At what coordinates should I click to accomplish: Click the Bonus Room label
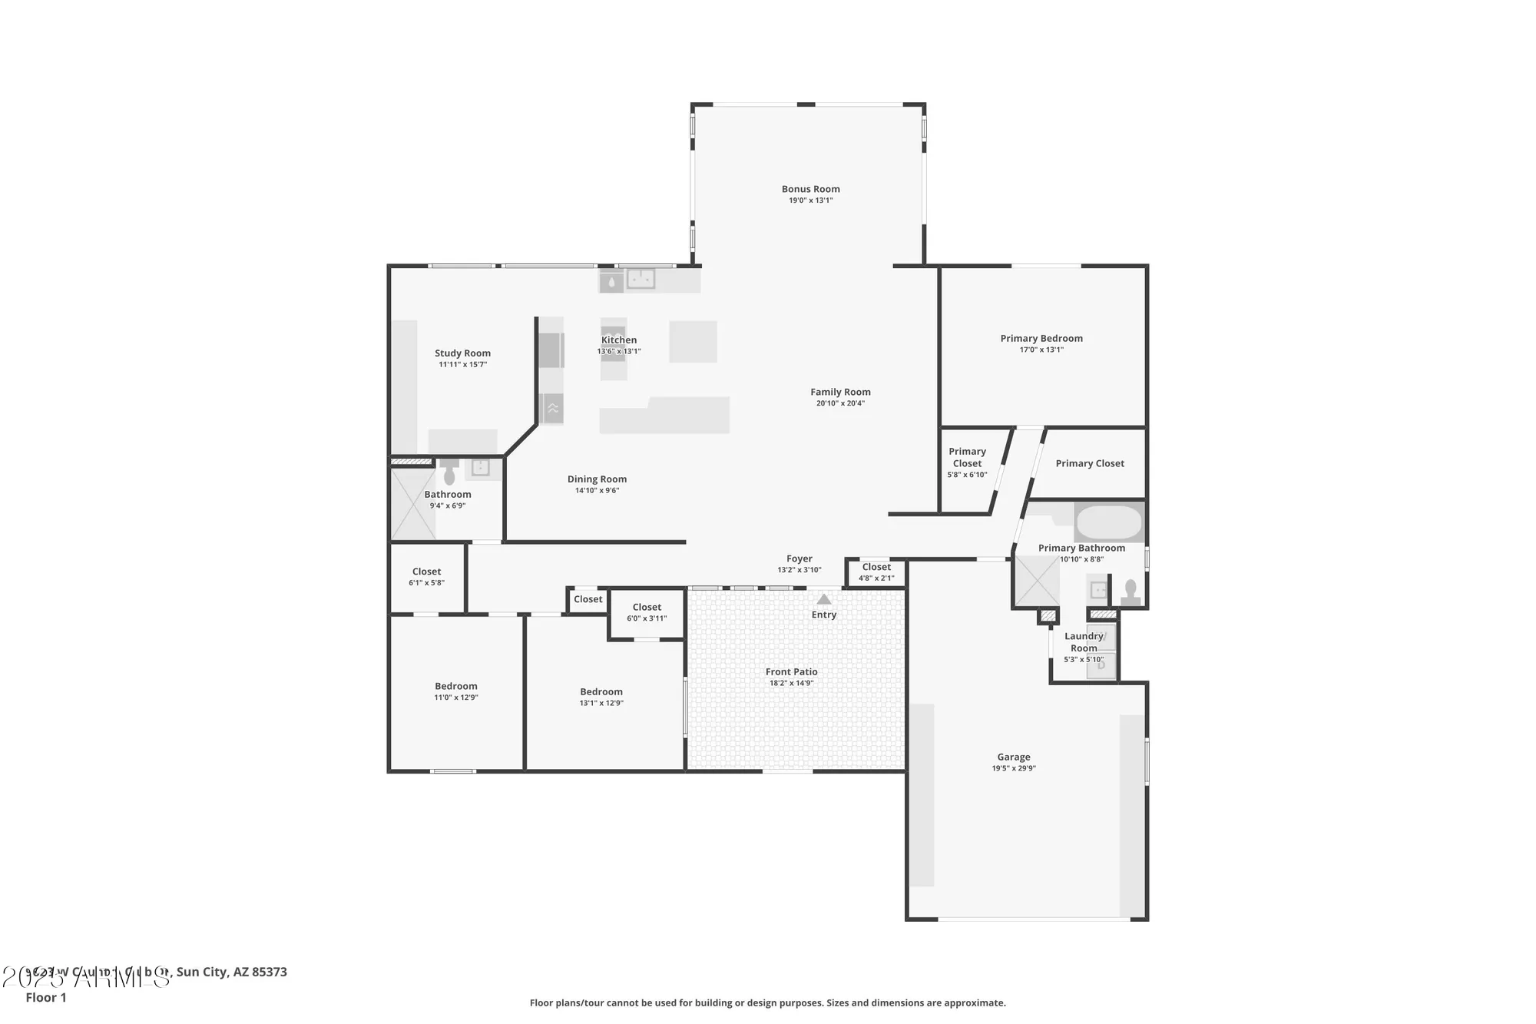(810, 189)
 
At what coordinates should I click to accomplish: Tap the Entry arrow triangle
(823, 599)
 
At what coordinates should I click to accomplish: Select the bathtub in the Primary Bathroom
(1108, 523)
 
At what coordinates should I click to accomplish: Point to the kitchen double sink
(640, 279)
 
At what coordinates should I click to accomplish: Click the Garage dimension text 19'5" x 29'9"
(1013, 768)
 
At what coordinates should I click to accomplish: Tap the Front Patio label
(791, 672)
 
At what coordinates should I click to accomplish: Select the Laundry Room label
(1083, 642)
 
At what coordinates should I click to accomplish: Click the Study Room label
(462, 353)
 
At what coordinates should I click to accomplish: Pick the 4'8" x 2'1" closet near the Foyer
(876, 572)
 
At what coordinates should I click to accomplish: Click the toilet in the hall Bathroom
(449, 473)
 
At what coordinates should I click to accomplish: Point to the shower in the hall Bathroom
(412, 503)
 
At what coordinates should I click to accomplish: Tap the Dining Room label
(597, 479)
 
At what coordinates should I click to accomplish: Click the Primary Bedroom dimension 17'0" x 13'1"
(1041, 350)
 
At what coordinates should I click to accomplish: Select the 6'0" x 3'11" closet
(647, 612)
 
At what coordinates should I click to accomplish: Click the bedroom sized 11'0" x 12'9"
(456, 691)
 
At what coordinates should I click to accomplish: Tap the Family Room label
(840, 392)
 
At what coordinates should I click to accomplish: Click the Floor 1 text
(46, 997)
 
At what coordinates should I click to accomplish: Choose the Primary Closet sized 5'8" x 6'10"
(967, 462)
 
